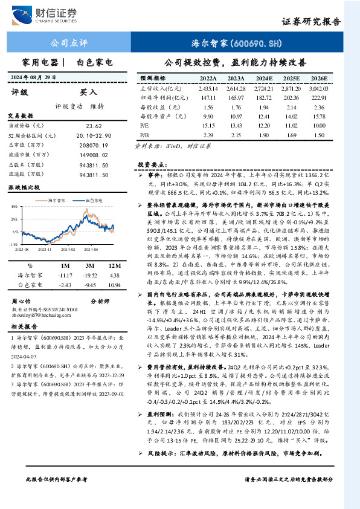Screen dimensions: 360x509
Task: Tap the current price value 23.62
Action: coord(94,126)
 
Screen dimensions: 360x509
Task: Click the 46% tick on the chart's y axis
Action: coord(13,206)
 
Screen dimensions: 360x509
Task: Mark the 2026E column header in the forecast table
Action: coord(320,79)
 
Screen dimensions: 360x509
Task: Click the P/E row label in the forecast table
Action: coord(144,125)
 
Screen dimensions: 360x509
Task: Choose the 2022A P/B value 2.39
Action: coord(208,134)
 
